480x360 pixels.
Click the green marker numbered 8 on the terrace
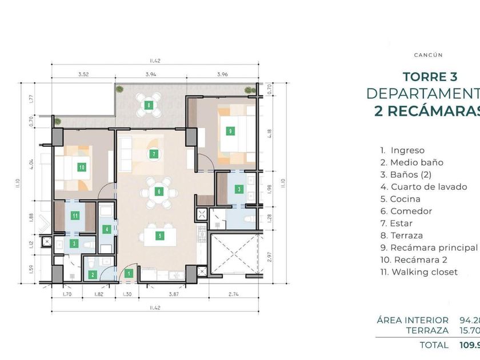[x=149, y=105]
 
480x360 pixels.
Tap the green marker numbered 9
[x=230, y=131]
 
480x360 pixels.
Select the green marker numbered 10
[x=82, y=167]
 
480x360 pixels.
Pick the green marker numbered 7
[x=154, y=154]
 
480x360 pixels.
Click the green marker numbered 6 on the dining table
[x=159, y=191]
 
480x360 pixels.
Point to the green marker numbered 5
[x=161, y=235]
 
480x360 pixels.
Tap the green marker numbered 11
[x=75, y=215]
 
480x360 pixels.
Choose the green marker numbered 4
[x=106, y=229]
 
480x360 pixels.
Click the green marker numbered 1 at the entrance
[x=129, y=274]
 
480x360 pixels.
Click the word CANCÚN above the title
[x=428, y=55]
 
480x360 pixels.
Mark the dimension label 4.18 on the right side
[x=270, y=134]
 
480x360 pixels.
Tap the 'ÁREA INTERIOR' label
[x=413, y=320]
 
